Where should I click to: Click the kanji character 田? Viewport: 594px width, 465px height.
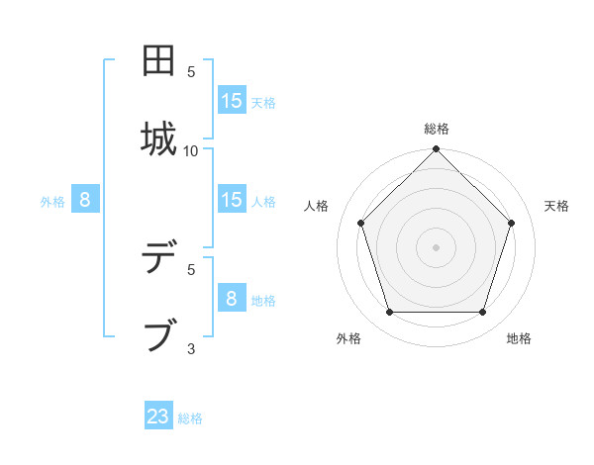(160, 61)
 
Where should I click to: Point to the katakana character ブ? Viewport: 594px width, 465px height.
(160, 334)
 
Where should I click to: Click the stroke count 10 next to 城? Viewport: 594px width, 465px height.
(191, 150)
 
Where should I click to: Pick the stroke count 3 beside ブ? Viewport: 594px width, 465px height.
(191, 347)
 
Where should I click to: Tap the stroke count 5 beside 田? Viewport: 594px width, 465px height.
(191, 72)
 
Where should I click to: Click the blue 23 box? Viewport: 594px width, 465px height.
(158, 417)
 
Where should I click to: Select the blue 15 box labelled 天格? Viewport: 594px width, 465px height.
(232, 100)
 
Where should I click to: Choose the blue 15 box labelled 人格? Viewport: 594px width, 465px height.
(232, 200)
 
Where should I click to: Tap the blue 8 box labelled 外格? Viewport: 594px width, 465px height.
(85, 200)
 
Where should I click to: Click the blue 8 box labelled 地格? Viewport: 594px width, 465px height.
(232, 298)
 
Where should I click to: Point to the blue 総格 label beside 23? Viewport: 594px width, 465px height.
(190, 418)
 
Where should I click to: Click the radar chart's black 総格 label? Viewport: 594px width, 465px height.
(437, 129)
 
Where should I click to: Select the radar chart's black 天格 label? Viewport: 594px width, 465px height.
(557, 206)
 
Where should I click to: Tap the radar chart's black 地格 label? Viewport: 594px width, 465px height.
(519, 338)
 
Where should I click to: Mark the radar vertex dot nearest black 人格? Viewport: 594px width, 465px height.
(360, 223)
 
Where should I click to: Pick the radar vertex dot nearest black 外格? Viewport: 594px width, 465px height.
(389, 313)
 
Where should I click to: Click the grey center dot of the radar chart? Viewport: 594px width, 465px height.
(436, 246)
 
